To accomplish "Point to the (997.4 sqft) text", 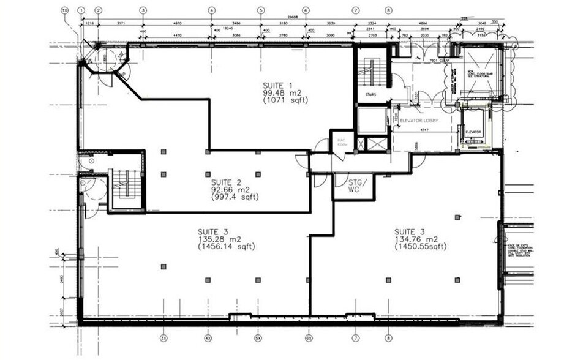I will pos(235,197).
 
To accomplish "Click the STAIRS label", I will pos(369,94).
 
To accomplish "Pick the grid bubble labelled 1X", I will pos(64,10).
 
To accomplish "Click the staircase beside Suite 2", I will pos(127,184).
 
